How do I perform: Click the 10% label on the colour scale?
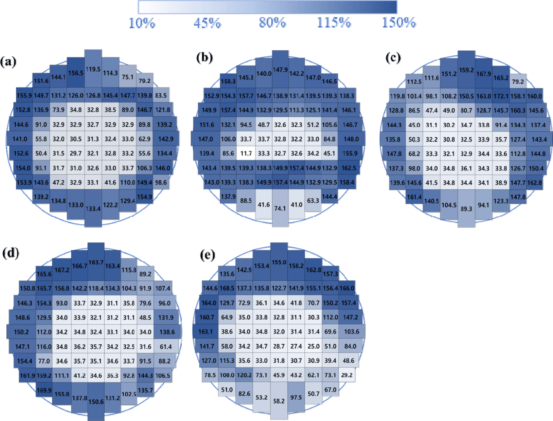tap(142, 23)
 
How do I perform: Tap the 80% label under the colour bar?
tap(272, 23)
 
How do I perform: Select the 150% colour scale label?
tap(399, 23)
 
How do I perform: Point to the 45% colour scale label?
tap(207, 23)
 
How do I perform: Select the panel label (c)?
tap(393, 58)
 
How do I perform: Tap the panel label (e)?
tap(208, 254)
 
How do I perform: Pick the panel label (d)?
tap(11, 253)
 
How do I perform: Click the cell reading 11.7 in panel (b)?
tap(246, 153)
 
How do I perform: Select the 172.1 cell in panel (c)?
tap(501, 96)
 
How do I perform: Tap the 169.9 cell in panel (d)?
tap(44, 390)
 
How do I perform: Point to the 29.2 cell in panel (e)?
tap(347, 375)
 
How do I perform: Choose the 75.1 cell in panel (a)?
tap(128, 77)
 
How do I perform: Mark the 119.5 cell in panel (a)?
tap(93, 69)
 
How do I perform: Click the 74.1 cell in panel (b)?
tap(280, 208)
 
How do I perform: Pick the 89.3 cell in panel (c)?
tap(466, 209)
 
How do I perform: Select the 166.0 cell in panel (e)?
tap(347, 288)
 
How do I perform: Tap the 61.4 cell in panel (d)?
tap(166, 347)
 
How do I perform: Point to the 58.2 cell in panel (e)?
tap(279, 401)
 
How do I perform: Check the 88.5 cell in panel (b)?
tap(246, 201)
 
